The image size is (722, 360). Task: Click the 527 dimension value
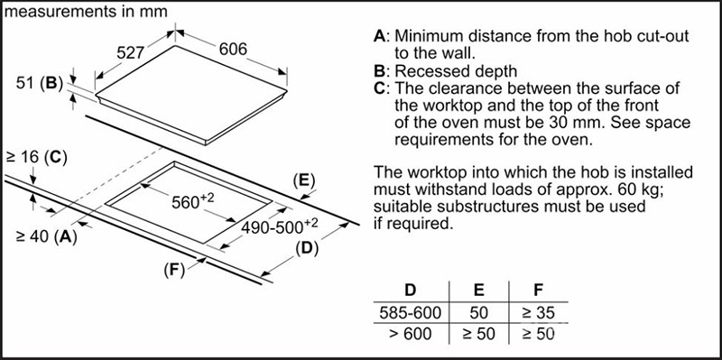tap(130, 53)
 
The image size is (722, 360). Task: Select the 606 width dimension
tap(233, 49)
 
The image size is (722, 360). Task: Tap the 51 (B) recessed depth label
tap(39, 83)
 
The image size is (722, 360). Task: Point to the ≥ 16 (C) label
tap(36, 157)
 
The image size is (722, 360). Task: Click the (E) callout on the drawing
tap(303, 181)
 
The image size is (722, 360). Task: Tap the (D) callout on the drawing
tap(307, 249)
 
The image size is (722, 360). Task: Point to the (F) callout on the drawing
tap(173, 270)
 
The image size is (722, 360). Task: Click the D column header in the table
tap(410, 290)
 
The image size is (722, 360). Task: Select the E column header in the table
tap(479, 290)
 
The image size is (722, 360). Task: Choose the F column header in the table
tap(538, 290)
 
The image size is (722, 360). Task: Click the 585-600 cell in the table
tap(411, 313)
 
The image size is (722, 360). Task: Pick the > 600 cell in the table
tap(411, 334)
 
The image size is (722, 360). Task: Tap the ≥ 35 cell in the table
tap(538, 313)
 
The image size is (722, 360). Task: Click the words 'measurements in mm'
tap(85, 12)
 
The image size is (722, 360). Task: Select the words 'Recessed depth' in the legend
tap(456, 71)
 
